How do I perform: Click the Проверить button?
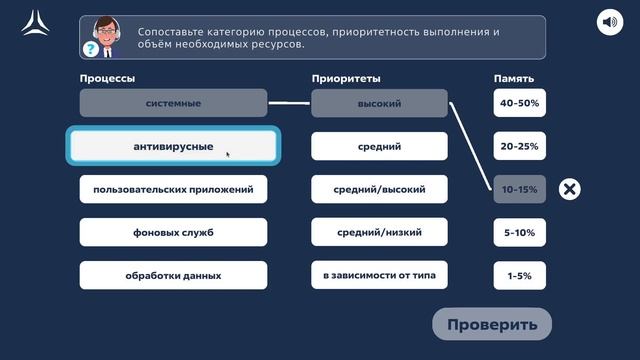[x=492, y=324]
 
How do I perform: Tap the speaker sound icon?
[x=609, y=22]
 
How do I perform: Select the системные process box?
[x=173, y=103]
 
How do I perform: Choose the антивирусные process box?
[x=173, y=147]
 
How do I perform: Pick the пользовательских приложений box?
[x=173, y=189]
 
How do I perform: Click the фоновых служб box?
[x=173, y=232]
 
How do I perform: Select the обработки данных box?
[x=173, y=275]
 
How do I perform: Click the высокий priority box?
[x=379, y=103]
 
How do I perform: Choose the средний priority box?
[x=379, y=147]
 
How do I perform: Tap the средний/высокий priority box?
[x=379, y=189]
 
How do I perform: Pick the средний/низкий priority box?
[x=379, y=232]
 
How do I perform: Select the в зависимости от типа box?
[x=379, y=275]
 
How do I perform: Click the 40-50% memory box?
[x=520, y=103]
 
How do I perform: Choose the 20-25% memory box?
[x=520, y=147]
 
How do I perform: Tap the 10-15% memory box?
[x=520, y=189]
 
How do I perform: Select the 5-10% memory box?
[x=520, y=232]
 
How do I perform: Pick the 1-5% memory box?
[x=520, y=275]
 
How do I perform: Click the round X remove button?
[x=569, y=189]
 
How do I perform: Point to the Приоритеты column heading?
[x=346, y=78]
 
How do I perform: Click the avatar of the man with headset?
[x=103, y=36]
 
